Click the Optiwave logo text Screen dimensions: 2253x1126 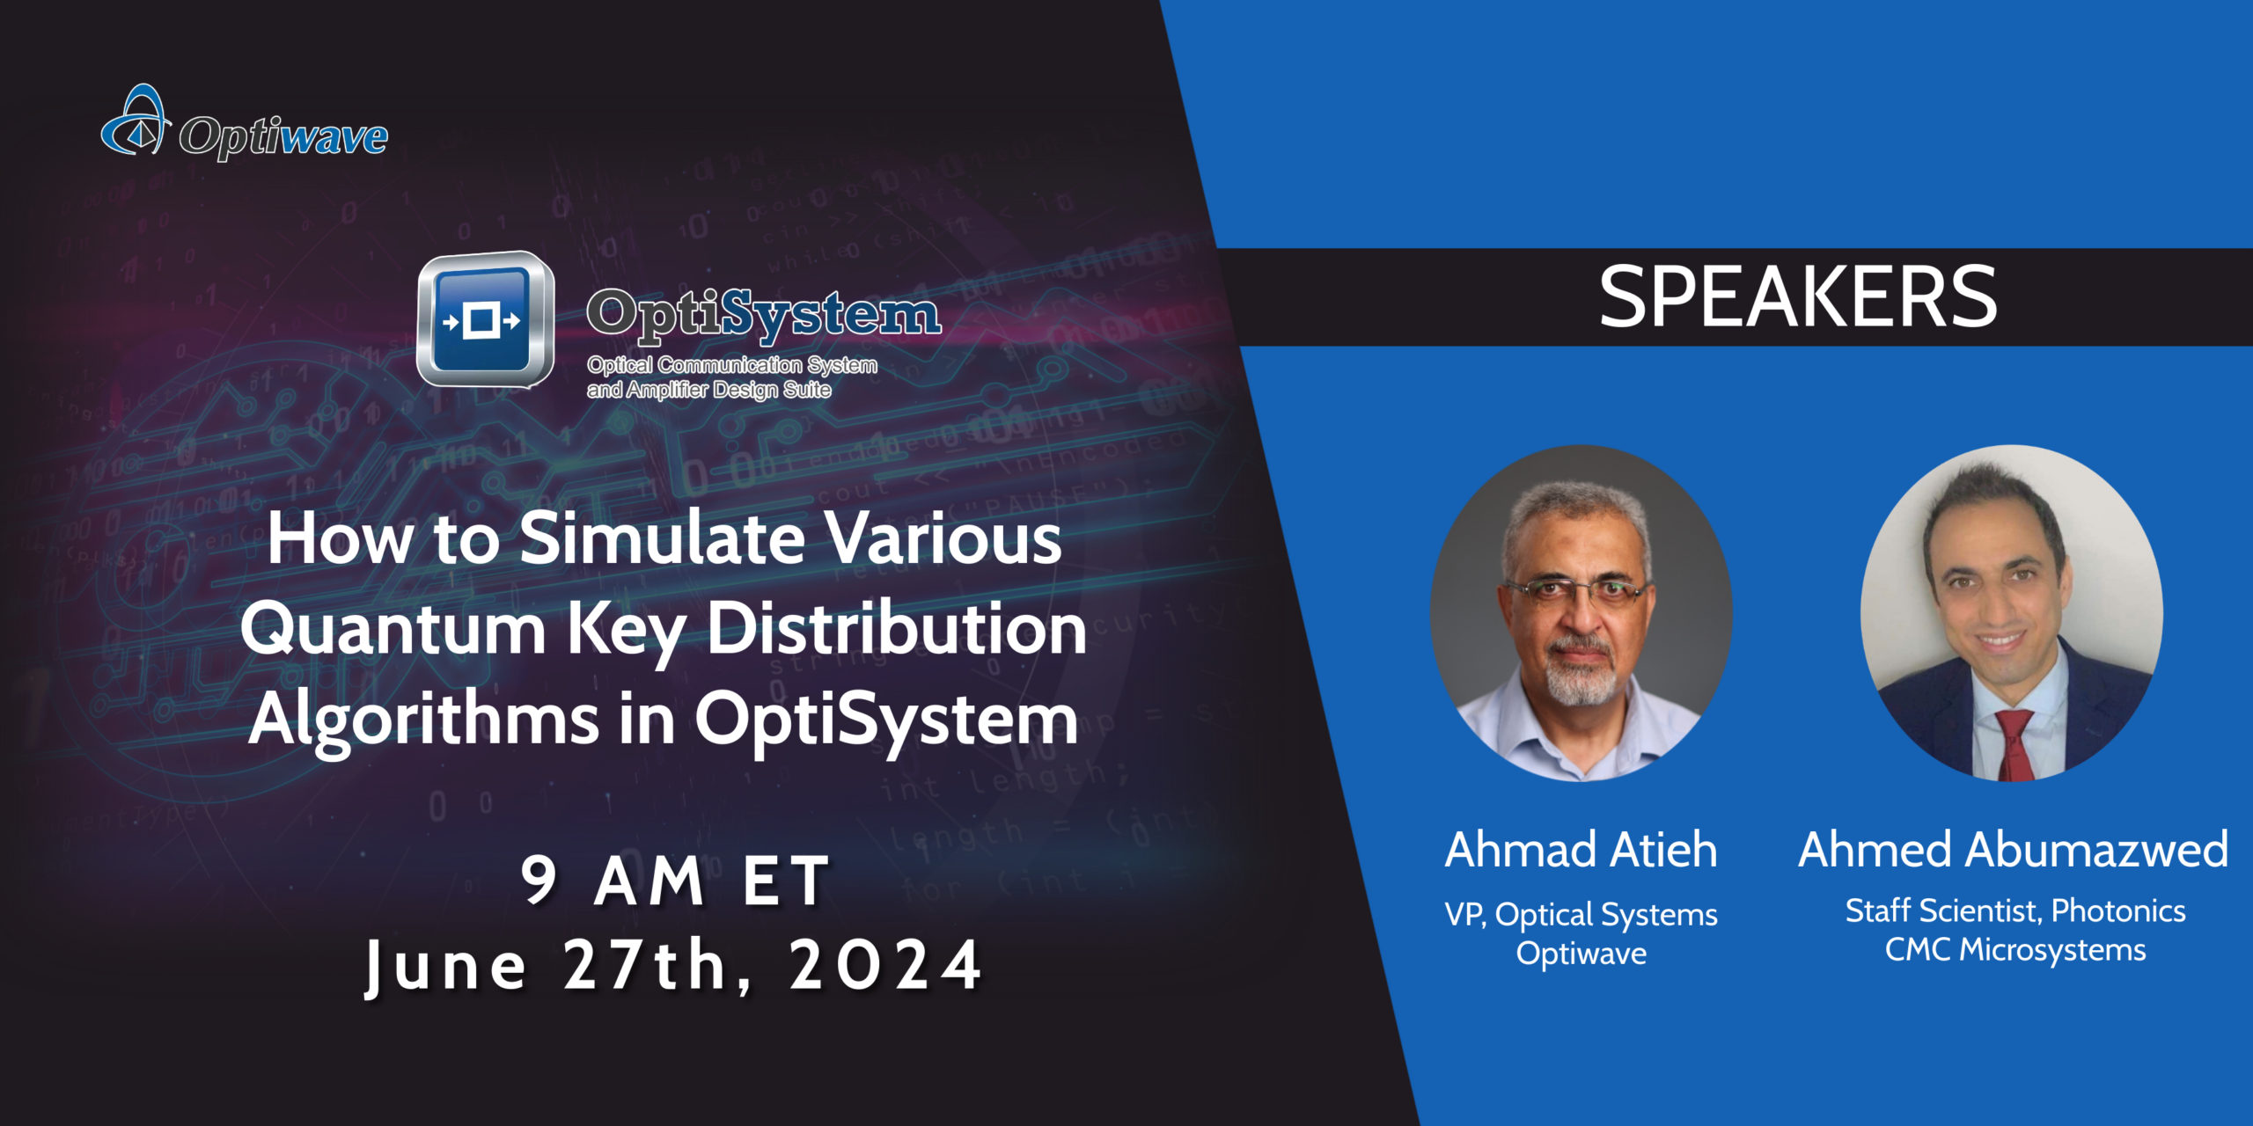pos(283,137)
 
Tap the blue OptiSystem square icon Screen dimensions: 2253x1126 pos(485,319)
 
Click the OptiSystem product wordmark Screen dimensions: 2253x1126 pos(764,314)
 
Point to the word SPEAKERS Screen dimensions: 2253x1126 pos(1798,297)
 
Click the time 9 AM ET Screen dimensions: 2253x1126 pos(676,880)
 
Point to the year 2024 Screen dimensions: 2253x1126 pos(885,965)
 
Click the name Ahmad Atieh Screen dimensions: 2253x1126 pos(1581,850)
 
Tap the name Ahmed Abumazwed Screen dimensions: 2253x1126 pos(2014,850)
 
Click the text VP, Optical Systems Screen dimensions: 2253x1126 pos(1581,915)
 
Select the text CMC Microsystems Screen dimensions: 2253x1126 pos(2015,950)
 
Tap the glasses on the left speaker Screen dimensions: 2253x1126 pos(1577,591)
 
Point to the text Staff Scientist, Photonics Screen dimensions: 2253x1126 pos(2015,911)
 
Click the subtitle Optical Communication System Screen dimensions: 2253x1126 pos(732,365)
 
